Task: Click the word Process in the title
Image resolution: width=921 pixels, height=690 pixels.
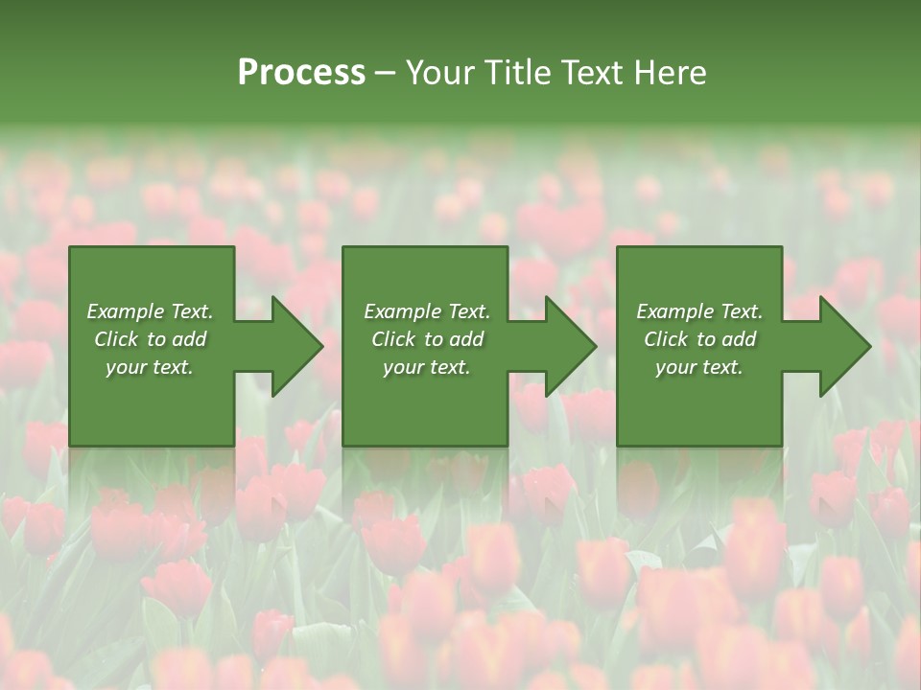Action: [301, 73]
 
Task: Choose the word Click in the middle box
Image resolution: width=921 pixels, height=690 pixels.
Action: [393, 339]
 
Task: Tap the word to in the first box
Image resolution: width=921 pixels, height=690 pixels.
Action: [156, 339]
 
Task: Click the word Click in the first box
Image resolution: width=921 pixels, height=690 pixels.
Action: [116, 339]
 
